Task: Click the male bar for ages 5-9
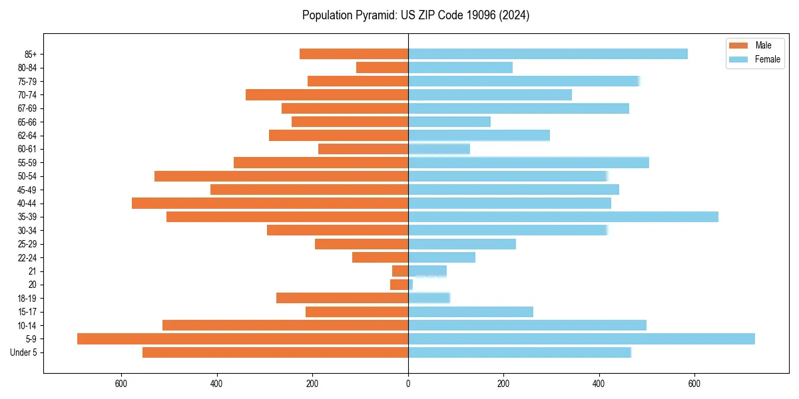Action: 242,339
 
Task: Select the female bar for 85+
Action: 547,54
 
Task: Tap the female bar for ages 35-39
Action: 563,217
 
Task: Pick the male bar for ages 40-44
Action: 270,203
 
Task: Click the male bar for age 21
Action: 400,271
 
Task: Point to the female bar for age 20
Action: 410,285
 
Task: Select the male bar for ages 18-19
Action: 342,299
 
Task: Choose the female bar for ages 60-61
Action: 439,149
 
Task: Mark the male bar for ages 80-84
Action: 382,68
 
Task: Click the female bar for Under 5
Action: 519,352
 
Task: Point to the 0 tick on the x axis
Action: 408,384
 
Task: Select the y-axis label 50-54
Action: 27,176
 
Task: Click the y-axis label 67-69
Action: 27,108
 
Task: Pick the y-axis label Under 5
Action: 24,352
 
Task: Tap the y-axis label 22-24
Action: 27,258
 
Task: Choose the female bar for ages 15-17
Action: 470,312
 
